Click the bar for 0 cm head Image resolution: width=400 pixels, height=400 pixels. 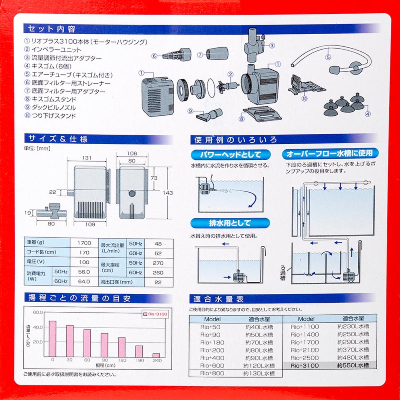point(52,339)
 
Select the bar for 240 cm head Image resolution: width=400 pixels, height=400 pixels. point(156,355)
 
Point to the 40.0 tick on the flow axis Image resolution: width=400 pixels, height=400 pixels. point(38,327)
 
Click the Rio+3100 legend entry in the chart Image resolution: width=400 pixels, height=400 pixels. point(155,314)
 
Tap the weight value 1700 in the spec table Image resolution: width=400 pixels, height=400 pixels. point(84,243)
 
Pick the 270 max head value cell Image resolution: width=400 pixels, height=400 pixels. point(158,263)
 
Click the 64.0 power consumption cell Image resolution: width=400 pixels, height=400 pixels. point(84,281)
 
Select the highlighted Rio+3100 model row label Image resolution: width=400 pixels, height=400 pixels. point(304,366)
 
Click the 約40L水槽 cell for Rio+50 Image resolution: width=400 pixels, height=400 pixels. point(259,327)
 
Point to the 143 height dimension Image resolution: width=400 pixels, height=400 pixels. point(168,193)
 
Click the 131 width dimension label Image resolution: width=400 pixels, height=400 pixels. point(87,158)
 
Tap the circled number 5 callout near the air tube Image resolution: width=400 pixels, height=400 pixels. point(328,57)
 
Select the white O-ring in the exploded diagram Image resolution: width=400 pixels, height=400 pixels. point(211,88)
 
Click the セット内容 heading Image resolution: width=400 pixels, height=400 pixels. point(51,29)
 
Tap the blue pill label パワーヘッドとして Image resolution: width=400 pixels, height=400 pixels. point(230,155)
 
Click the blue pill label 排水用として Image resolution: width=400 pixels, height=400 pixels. point(230,223)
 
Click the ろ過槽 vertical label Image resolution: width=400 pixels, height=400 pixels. point(283,273)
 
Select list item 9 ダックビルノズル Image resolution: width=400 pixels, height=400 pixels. point(50,108)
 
